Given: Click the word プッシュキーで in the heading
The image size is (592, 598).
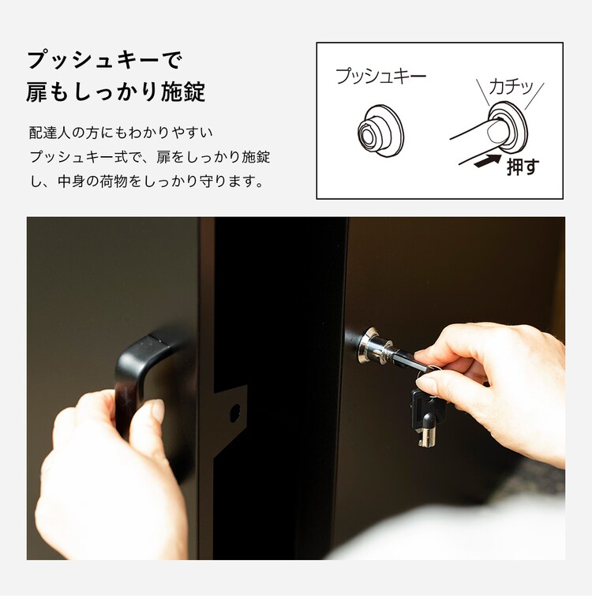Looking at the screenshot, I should click(x=105, y=61).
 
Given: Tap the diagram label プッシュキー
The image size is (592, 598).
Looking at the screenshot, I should click(x=380, y=77).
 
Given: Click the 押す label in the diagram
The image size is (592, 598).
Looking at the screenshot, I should click(x=522, y=166).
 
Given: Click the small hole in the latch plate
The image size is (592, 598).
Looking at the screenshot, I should click(x=234, y=411).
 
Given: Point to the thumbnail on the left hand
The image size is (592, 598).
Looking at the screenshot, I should click(x=157, y=411).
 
